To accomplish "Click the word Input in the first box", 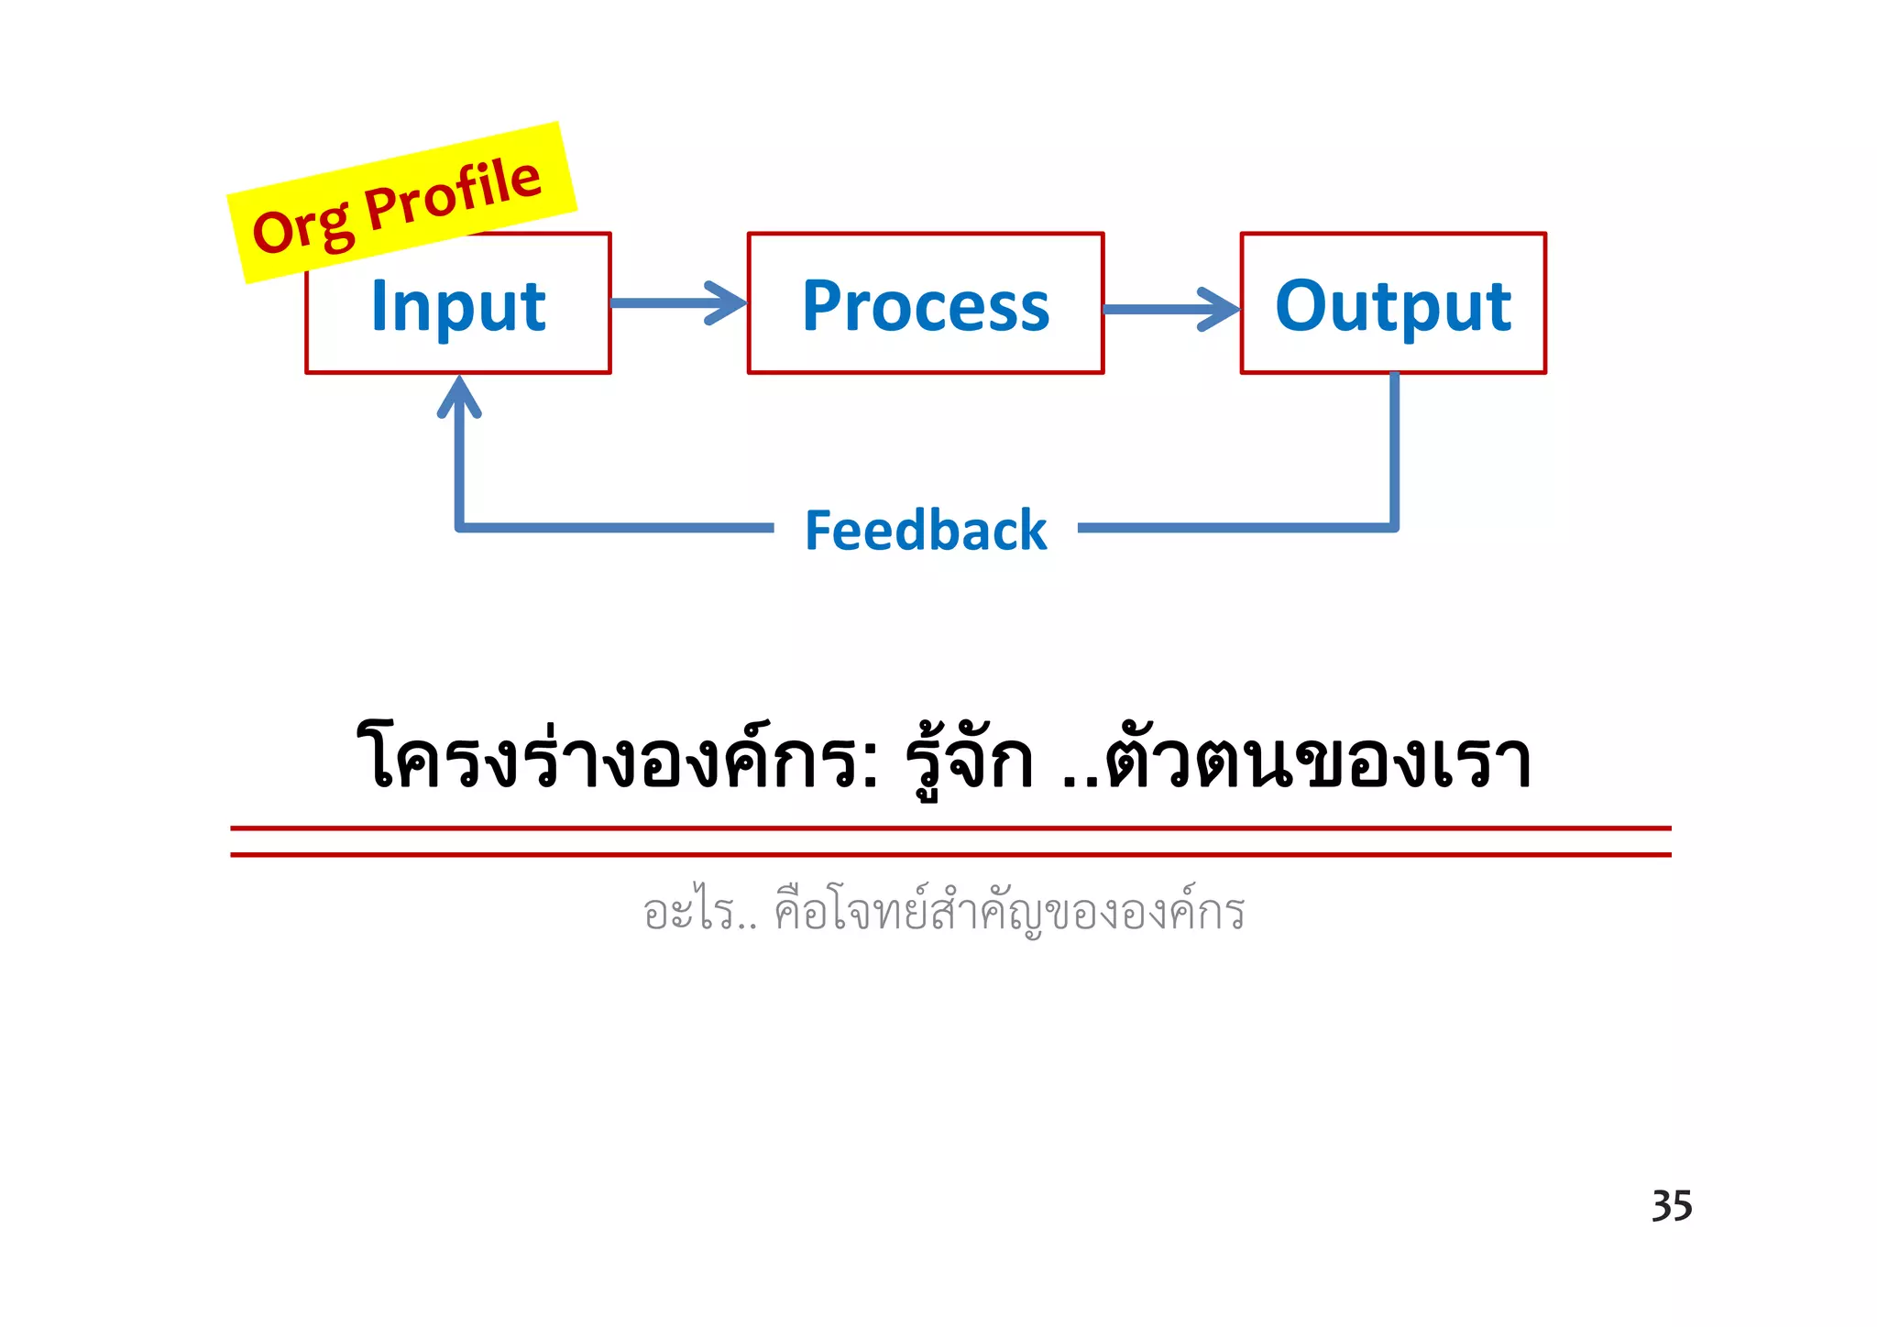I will coord(458,306).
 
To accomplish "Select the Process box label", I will coord(926,306).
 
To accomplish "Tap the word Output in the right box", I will coord(1393,306).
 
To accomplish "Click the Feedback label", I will coord(926,531).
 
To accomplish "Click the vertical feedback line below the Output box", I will coord(1394,449).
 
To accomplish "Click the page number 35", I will coord(1672,1206).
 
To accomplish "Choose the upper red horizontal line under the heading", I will coord(949,828).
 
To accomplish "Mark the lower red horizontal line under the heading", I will coord(949,855).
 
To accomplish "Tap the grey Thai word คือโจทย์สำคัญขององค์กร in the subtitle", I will coord(1009,913).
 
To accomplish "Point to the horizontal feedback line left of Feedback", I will coord(614,528).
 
